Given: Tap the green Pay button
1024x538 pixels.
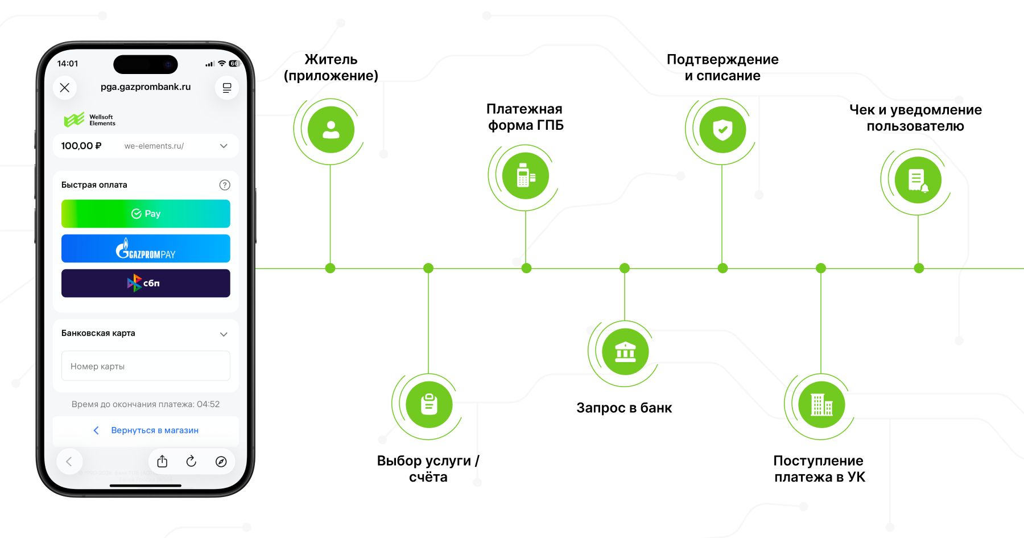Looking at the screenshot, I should pyautogui.click(x=146, y=213).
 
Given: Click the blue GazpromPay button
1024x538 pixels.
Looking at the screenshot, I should pyautogui.click(x=146, y=248).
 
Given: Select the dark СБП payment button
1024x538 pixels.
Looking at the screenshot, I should pyautogui.click(x=146, y=283).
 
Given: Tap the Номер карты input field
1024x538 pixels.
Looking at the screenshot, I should pyautogui.click(x=146, y=366).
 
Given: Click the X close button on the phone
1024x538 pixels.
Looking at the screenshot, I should pyautogui.click(x=65, y=88).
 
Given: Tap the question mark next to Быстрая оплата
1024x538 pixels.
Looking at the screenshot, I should pyautogui.click(x=225, y=184).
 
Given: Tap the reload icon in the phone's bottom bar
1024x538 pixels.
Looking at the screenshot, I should pyautogui.click(x=191, y=461).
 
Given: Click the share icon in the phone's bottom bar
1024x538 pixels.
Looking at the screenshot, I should pyautogui.click(x=162, y=461).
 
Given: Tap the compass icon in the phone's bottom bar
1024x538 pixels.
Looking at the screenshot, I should pyautogui.click(x=221, y=461).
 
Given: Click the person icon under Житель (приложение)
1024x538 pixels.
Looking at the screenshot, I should pyautogui.click(x=331, y=130).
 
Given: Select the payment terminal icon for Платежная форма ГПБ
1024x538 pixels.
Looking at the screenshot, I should pyautogui.click(x=526, y=176).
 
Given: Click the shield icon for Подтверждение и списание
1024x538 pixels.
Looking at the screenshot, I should pyautogui.click(x=722, y=130).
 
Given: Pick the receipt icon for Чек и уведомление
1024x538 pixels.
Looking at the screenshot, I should pyautogui.click(x=918, y=180).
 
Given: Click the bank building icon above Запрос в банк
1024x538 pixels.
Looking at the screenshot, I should pyautogui.click(x=625, y=352).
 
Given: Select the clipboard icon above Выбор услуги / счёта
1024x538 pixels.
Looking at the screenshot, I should pyautogui.click(x=429, y=405).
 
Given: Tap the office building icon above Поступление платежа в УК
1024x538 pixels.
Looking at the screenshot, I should pyautogui.click(x=821, y=405).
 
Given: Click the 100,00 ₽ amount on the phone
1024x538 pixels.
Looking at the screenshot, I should pyautogui.click(x=81, y=146).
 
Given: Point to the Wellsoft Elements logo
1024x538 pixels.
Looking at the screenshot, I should pyautogui.click(x=89, y=120).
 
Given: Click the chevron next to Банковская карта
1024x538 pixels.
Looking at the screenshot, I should pyautogui.click(x=224, y=334).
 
